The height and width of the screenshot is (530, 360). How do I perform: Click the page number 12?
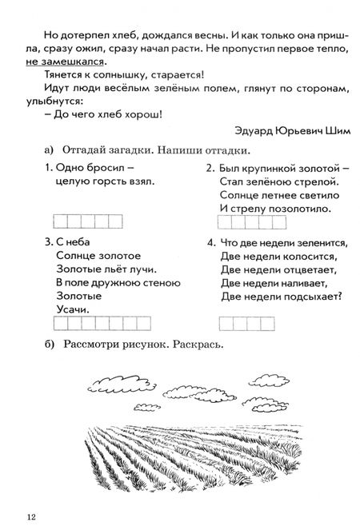(x=30, y=512)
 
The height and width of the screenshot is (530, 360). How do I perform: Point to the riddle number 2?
(x=210, y=168)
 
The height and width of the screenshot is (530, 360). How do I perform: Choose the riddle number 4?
(x=210, y=241)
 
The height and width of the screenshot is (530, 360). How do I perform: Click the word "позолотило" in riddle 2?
(x=302, y=208)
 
